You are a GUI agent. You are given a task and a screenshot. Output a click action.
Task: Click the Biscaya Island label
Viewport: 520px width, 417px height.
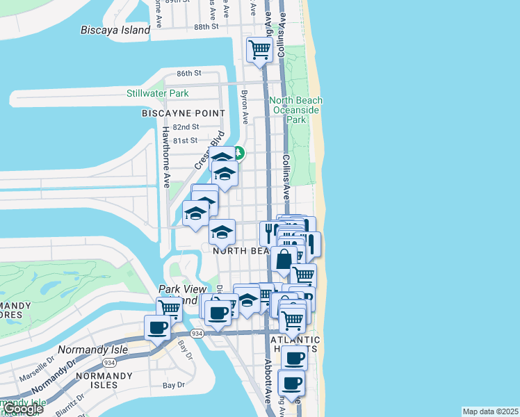(x=115, y=30)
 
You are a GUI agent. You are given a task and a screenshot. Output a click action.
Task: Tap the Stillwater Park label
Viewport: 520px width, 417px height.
(x=157, y=93)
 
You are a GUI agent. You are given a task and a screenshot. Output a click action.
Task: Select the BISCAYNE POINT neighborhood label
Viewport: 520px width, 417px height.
(x=184, y=113)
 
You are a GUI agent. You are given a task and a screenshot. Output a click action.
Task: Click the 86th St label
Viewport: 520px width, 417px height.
(x=188, y=73)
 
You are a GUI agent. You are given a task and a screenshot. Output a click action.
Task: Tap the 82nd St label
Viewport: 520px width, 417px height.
(x=186, y=127)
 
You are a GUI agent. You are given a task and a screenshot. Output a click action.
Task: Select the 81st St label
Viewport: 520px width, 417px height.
(x=186, y=140)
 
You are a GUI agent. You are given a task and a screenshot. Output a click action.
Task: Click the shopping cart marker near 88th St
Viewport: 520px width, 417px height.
(x=259, y=49)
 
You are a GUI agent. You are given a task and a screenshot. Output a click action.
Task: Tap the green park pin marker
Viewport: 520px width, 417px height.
(x=238, y=152)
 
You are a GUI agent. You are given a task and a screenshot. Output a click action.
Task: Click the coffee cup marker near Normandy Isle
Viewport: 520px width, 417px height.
(x=157, y=327)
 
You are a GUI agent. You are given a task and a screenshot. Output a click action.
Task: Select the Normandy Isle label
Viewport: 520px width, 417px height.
(x=93, y=349)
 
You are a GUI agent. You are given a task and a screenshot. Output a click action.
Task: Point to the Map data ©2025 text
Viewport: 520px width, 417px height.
(x=490, y=411)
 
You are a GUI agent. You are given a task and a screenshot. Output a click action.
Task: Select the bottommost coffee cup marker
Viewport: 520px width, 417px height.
(x=291, y=382)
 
